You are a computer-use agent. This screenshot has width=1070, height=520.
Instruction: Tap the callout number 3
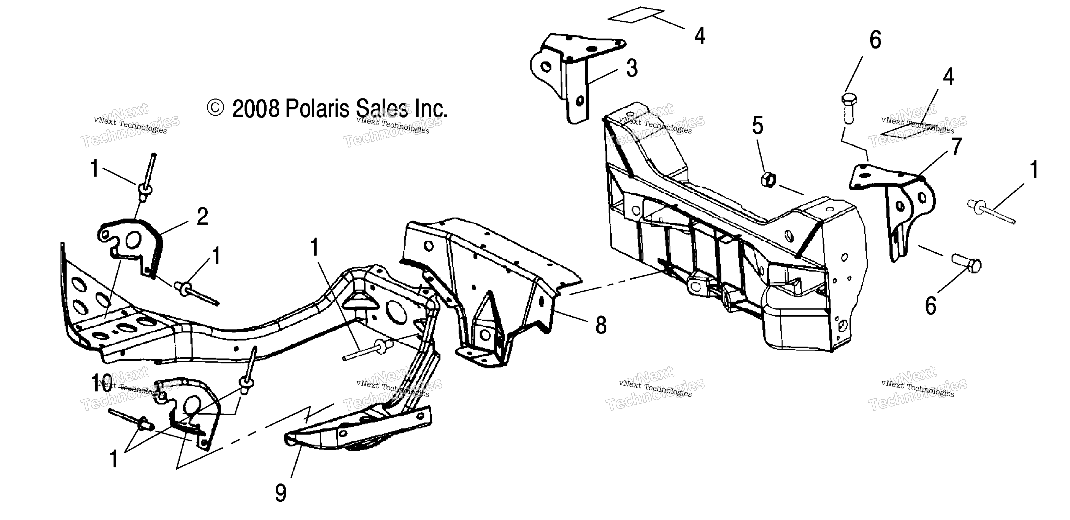tap(632, 68)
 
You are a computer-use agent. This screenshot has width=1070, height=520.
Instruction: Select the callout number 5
tap(758, 126)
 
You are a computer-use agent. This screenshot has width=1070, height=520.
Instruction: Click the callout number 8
tap(601, 325)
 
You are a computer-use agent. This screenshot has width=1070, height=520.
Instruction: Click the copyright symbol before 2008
tap(215, 108)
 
